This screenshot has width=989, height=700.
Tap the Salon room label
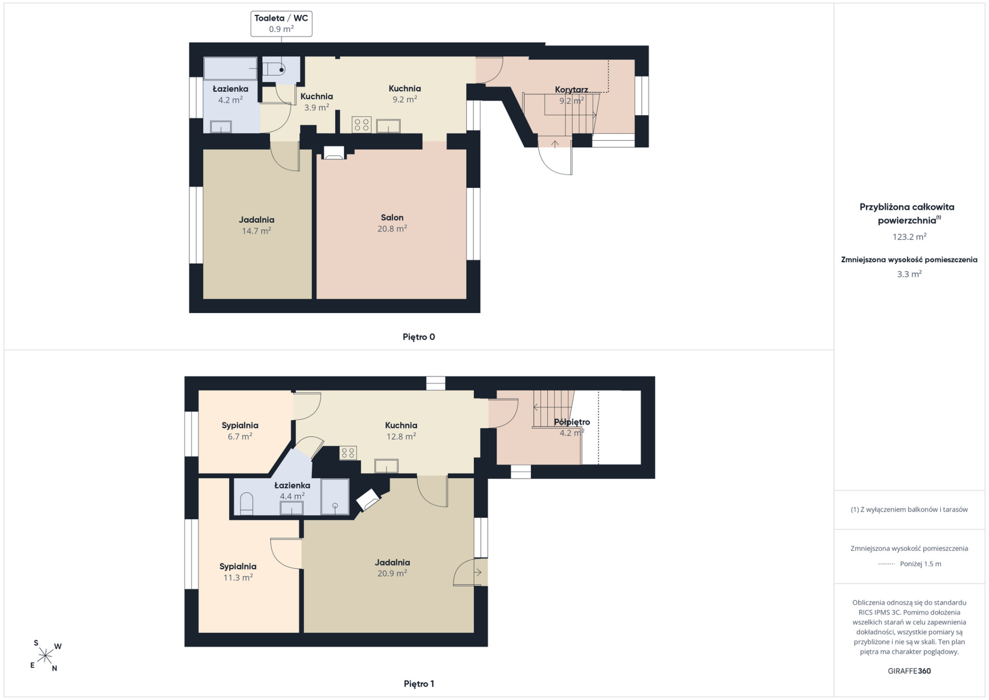(392, 218)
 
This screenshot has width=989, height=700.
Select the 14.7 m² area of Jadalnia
(257, 231)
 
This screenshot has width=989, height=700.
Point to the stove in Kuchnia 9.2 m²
(361, 125)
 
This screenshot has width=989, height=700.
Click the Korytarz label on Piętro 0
(571, 90)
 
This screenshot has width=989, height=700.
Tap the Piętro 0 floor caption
(419, 337)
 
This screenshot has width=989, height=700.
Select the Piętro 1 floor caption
(419, 684)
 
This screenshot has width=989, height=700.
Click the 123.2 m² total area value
(909, 237)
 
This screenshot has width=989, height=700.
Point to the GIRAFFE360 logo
(909, 671)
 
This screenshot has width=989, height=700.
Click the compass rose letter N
(54, 668)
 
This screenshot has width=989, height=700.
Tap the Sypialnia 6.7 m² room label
(240, 431)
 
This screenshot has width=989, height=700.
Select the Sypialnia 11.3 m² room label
(238, 572)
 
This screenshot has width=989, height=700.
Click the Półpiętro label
(572, 422)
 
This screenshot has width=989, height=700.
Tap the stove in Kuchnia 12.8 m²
(348, 453)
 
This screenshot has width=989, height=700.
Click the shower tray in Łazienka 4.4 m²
(335, 497)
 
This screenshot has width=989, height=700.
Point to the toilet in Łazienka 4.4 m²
(247, 503)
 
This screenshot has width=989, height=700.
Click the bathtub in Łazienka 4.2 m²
(230, 68)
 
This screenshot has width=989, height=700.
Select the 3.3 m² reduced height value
(909, 274)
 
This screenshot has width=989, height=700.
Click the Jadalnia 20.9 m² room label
(392, 568)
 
